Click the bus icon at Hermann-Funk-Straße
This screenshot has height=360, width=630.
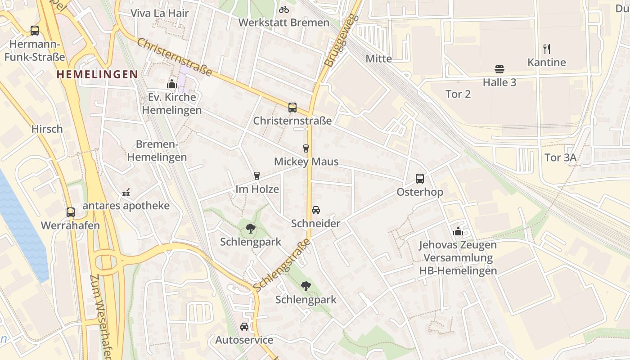[35, 31]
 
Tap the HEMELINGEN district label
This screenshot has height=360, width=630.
[97, 74]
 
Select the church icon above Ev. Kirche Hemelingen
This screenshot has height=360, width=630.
[171, 84]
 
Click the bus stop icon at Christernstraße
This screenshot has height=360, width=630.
[292, 107]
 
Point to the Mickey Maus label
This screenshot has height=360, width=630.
[306, 162]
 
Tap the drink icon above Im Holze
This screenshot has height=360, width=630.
[257, 175]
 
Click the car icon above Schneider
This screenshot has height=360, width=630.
[316, 210]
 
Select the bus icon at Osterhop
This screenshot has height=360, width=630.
[420, 178]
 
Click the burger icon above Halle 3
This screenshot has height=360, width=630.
[499, 69]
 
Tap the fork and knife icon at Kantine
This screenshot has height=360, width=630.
[547, 49]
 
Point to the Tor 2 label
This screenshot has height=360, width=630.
[458, 94]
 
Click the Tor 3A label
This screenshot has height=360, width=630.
[560, 157]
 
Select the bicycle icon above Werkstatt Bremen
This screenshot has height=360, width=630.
[284, 9]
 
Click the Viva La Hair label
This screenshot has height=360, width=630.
[159, 13]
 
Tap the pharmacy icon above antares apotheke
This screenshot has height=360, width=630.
[126, 193]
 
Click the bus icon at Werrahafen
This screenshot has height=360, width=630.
[71, 212]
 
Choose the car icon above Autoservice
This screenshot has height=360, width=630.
[244, 326]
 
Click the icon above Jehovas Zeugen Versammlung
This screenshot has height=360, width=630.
[458, 231]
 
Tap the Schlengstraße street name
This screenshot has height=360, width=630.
[282, 264]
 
